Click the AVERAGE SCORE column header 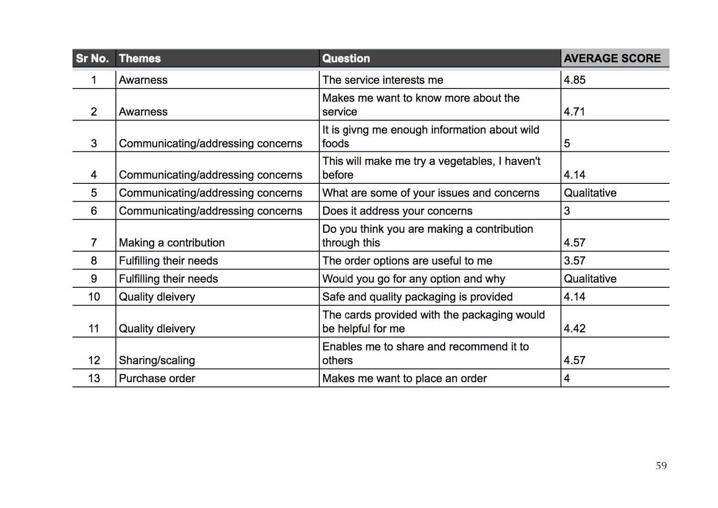click(x=612, y=58)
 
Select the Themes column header click(x=140, y=58)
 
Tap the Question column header click(x=346, y=58)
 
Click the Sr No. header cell click(x=92, y=58)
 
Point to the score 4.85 click(x=574, y=80)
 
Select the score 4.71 click(x=574, y=112)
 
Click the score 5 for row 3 click(x=567, y=144)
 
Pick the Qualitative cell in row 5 click(x=590, y=193)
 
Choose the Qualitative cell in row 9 click(x=590, y=279)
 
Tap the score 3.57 click(x=574, y=261)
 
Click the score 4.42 click(x=574, y=328)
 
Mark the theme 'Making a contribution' click(x=171, y=243)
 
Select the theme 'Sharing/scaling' click(x=157, y=361)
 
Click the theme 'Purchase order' click(x=157, y=378)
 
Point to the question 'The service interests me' click(x=382, y=80)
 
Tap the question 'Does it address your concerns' click(x=397, y=211)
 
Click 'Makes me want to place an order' click(x=404, y=378)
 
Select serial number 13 click(x=94, y=378)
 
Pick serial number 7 click(x=94, y=243)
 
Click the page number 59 click(x=661, y=465)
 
